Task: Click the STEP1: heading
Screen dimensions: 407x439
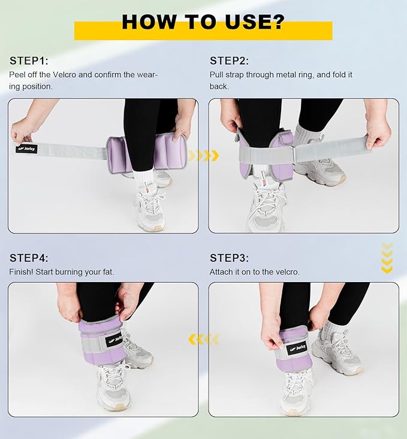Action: coord(29,60)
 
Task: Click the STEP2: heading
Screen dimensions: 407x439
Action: coord(230,60)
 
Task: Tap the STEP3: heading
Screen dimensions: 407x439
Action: coord(230,258)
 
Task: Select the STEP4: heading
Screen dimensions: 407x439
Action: coord(29,258)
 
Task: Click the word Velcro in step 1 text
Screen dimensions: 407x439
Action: coord(64,75)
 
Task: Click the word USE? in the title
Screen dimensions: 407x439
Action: coord(255,22)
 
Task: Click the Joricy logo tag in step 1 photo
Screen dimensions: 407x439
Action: coord(26,149)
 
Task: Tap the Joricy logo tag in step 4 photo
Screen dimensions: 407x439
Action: coord(114,340)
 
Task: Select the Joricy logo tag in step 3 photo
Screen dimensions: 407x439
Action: coord(297,348)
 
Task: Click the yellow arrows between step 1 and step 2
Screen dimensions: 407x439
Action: coord(204,155)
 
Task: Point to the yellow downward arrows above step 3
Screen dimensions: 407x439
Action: coord(387,258)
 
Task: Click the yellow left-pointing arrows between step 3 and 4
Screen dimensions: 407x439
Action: coord(204,340)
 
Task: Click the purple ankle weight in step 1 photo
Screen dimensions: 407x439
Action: coord(146,153)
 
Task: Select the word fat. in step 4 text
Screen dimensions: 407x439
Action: coord(107,272)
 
